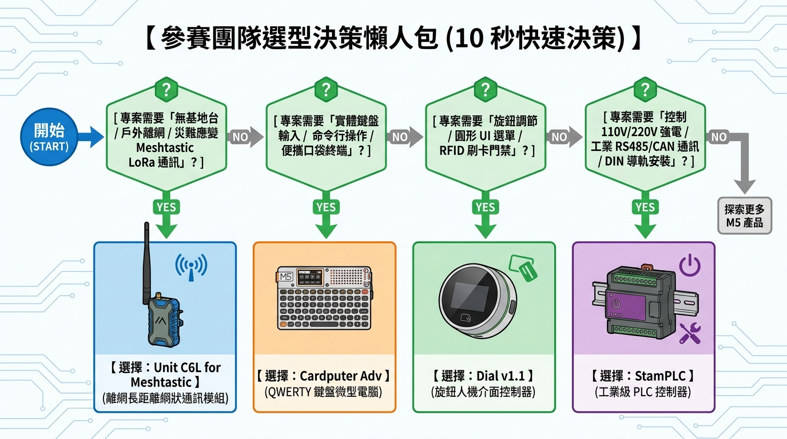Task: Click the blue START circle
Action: [49, 137]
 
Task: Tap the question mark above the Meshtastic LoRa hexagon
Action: [166, 90]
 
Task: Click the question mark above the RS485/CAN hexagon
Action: [645, 90]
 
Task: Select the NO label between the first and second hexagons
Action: [240, 137]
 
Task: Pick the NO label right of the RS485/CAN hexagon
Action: [719, 137]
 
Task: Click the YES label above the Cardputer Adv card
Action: [326, 207]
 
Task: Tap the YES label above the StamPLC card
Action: [645, 207]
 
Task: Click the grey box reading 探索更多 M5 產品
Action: [745, 215]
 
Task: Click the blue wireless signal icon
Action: [191, 268]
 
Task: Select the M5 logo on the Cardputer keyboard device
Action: [285, 277]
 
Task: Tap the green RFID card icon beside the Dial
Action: [523, 268]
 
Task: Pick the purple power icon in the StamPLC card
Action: [690, 265]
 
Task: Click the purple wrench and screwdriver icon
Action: [690, 333]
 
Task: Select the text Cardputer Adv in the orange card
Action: [340, 376]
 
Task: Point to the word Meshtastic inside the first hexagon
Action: [165, 148]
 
